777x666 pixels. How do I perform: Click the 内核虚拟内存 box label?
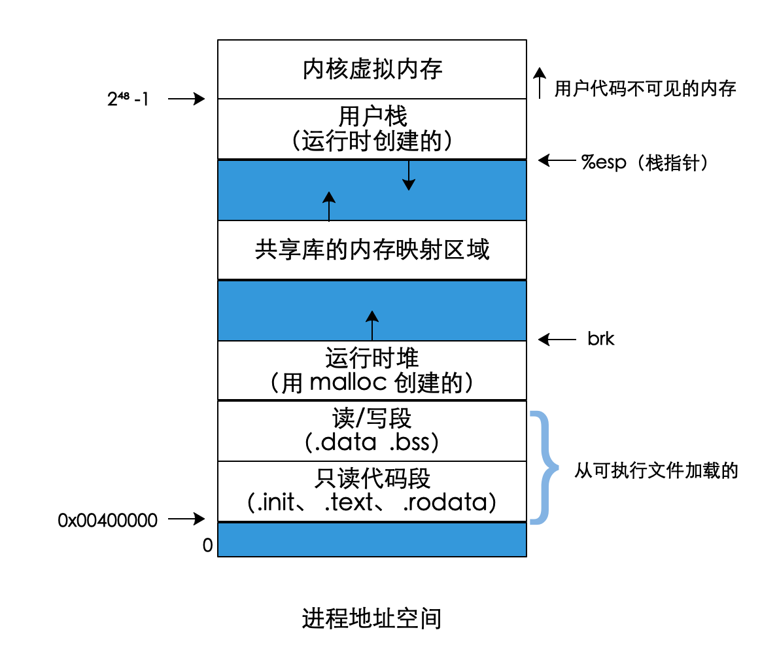click(372, 69)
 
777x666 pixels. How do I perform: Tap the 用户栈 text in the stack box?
click(372, 116)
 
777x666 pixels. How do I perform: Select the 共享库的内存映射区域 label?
click(372, 250)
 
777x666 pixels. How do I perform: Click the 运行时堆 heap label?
click(372, 358)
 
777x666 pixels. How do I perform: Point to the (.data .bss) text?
click(372, 442)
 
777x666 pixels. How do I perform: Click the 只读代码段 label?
click(372, 478)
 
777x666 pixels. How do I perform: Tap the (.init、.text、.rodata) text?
click(372, 502)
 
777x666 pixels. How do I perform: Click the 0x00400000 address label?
click(108, 520)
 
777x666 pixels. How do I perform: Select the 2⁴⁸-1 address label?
click(128, 99)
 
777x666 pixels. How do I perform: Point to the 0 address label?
click(208, 546)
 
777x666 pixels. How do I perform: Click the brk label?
click(600, 339)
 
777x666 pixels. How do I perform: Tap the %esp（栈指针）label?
click(644, 162)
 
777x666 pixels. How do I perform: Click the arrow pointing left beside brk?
click(557, 339)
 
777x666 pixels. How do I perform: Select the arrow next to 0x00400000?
click(186, 519)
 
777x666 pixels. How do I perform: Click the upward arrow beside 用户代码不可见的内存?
click(540, 82)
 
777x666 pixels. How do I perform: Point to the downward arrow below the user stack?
click(409, 175)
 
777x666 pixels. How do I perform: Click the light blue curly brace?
click(544, 467)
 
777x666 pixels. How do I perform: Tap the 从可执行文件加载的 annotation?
click(656, 470)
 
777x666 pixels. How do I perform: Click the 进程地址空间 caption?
click(371, 618)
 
